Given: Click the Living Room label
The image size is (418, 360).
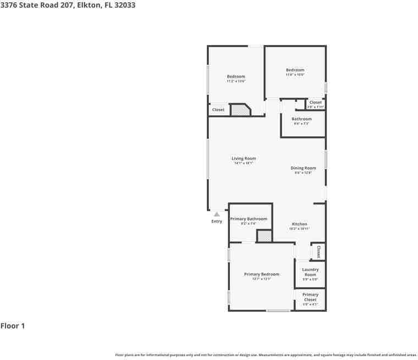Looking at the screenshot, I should pos(244,158).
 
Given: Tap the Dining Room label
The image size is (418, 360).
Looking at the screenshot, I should pos(303,168).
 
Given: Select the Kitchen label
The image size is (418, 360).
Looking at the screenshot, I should pos(299,224).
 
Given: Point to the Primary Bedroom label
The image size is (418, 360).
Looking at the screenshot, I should pos(262,274).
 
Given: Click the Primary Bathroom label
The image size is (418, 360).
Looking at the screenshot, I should pos(249,219).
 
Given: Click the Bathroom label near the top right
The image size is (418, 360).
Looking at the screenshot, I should pos(301,119).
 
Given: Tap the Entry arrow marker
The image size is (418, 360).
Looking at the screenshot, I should pos(217,214).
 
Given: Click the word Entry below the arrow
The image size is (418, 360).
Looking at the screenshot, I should pos(217,221).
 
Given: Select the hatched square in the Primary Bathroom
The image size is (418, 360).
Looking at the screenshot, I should pos(264,236).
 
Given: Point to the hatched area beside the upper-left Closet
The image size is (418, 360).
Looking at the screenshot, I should pos(239,110).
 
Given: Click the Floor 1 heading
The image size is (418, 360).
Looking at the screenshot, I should pos(13,326).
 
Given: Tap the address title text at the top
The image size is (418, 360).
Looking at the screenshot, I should pos(68,5).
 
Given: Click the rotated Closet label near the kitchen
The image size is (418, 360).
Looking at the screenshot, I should pos(318,251).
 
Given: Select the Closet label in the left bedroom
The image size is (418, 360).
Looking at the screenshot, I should pos(218,110).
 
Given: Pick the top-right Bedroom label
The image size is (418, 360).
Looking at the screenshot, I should pos(295,70).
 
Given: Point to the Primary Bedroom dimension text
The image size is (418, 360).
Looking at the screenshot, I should pos(262,279).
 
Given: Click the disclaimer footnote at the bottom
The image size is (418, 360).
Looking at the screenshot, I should pos(266,355).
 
